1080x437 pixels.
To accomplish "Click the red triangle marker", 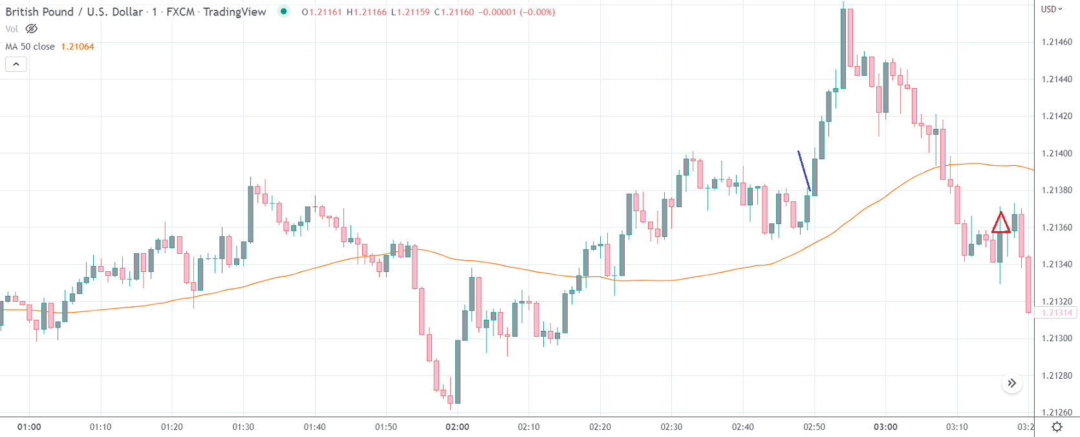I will [1000, 223].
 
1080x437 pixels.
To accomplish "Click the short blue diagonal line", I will [804, 171].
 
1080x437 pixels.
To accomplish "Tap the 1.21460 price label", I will [1057, 42].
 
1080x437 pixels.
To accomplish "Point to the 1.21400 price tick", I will [1057, 153].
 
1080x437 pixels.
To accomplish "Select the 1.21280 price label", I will [1057, 375].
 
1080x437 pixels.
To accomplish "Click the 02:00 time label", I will [457, 427].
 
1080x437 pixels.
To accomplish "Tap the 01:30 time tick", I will [243, 427].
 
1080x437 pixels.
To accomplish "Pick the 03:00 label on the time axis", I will [885, 427].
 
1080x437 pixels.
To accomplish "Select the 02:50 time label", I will [814, 427].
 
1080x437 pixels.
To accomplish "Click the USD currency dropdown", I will [1052, 9].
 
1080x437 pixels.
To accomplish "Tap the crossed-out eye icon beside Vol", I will [31, 29].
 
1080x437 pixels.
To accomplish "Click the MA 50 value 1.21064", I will [77, 47].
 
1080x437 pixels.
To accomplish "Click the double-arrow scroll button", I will [1011, 383].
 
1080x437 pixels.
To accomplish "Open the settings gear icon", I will [1057, 427].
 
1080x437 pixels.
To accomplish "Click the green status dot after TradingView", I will [283, 11].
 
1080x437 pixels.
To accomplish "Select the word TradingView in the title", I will [234, 12].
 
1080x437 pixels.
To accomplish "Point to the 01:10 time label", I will [100, 427].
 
